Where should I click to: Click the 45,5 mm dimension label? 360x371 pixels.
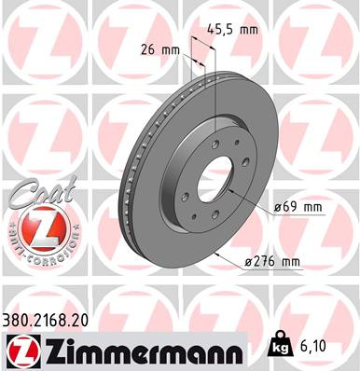(235, 30)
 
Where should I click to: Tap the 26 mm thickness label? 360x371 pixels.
(159, 50)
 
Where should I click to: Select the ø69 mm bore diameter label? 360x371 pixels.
(298, 207)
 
